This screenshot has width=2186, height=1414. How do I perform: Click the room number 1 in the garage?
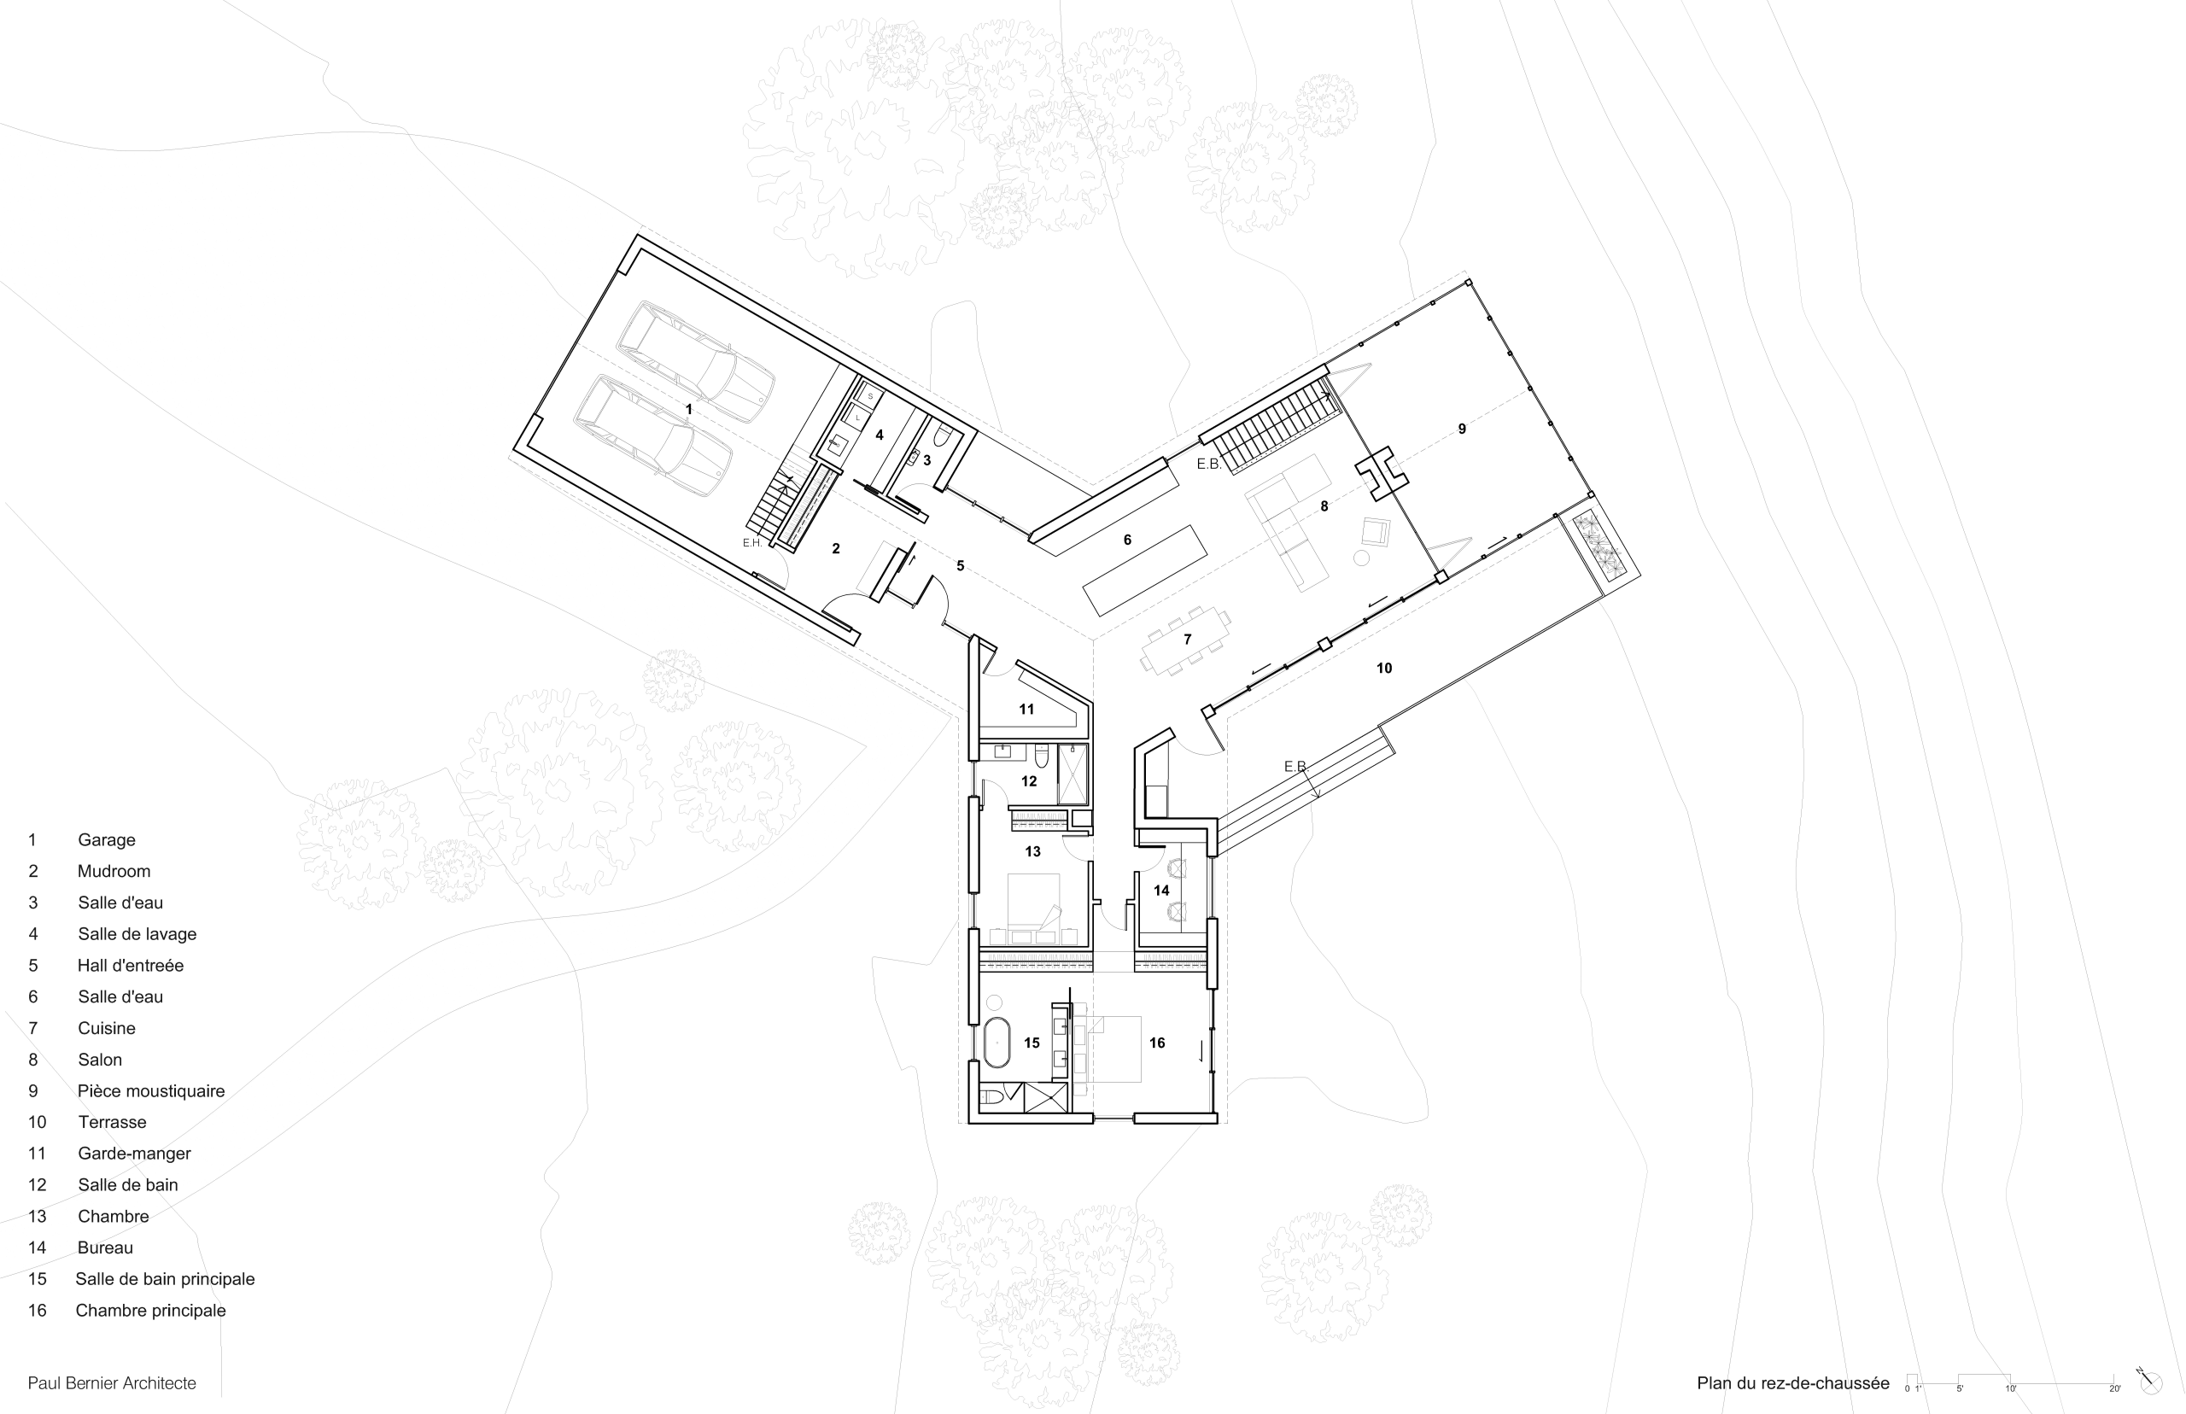click(688, 409)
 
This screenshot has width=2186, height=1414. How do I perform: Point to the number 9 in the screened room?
click(1462, 429)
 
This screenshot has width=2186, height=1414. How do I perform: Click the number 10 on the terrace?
click(1383, 669)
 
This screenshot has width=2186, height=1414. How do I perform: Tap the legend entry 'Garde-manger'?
click(134, 1154)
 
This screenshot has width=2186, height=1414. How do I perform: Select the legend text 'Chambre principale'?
click(150, 1310)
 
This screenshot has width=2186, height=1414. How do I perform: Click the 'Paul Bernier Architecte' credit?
click(112, 1382)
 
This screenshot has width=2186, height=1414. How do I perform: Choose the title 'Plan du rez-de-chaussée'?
click(1793, 1382)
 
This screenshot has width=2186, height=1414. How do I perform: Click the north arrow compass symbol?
click(2149, 1381)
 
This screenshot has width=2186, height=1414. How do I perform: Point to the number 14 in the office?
click(1161, 890)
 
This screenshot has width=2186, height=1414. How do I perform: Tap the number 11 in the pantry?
click(1026, 709)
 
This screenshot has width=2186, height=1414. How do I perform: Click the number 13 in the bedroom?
click(1033, 851)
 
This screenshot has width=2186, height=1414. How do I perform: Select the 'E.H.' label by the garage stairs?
click(752, 543)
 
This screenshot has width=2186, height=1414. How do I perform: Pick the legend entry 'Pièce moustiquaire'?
click(151, 1090)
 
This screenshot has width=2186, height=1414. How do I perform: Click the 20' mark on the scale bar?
click(2115, 1388)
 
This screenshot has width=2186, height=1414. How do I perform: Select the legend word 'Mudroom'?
click(114, 871)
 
